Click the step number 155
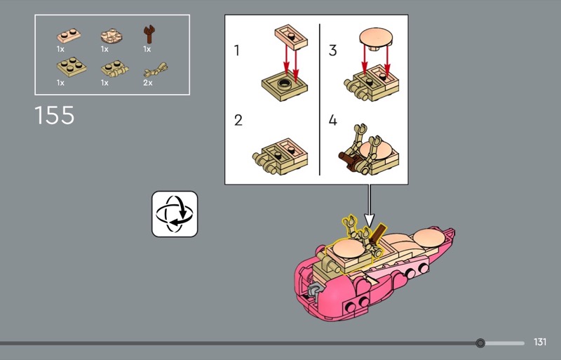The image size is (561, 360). coord(55,115)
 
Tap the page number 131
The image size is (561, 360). coord(540,342)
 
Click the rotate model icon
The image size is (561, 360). coord(175,214)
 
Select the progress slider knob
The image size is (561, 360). coord(480,343)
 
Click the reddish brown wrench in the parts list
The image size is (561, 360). coord(149,34)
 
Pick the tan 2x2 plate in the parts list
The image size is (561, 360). coord(72,67)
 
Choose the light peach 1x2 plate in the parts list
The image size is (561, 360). coord(68,35)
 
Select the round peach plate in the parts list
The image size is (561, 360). coord(111,36)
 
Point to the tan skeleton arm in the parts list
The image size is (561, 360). coord(156,70)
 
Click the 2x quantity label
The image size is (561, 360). coord(148,83)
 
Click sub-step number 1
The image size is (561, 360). coord(236,51)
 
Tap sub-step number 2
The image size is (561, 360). coord(238,121)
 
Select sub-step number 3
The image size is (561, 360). coord(332,51)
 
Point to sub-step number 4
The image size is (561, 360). coord(332,120)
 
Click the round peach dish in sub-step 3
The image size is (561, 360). coord(376,38)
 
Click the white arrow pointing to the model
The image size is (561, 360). coord(370,205)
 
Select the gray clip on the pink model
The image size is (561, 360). coord(313,290)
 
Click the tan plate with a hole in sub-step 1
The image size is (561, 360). coord(284,86)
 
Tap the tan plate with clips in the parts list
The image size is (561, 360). coord(114,69)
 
